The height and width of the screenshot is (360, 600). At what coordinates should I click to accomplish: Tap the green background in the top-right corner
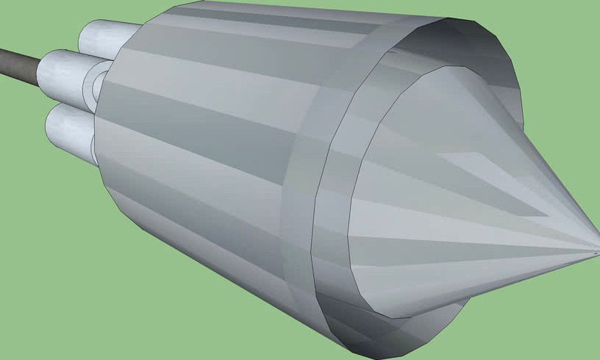click(x=566, y=29)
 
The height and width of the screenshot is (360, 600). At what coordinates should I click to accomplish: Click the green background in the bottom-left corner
click(x=44, y=309)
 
